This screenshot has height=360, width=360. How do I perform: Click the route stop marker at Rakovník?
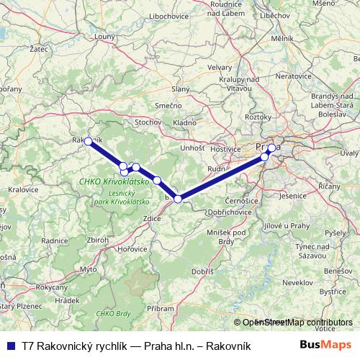(89, 142)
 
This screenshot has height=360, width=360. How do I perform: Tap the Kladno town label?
(184, 123)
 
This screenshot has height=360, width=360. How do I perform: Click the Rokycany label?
(51, 287)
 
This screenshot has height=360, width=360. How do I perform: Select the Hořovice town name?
(133, 248)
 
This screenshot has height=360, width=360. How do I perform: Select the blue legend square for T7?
(10, 346)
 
